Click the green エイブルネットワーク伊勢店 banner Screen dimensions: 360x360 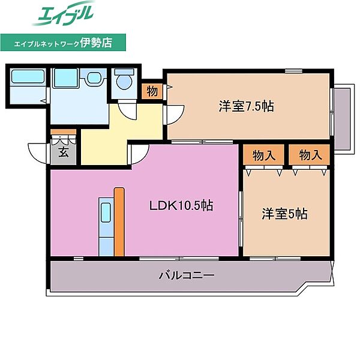click(64, 43)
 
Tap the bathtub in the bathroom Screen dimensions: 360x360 click(28, 77)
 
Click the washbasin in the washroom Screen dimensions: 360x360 click(94, 79)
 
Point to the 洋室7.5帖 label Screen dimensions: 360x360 click(246, 107)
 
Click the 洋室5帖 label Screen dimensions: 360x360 click(284, 214)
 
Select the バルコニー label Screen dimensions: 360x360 click(187, 276)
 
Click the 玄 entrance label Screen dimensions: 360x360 click(64, 152)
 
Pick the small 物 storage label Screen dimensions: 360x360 click(152, 91)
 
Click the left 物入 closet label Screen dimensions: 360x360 click(264, 155)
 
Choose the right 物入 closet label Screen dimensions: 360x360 click(310, 155)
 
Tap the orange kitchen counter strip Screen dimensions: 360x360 click(119, 221)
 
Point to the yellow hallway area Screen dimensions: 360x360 click(105, 144)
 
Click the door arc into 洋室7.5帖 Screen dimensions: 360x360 click(175, 112)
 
